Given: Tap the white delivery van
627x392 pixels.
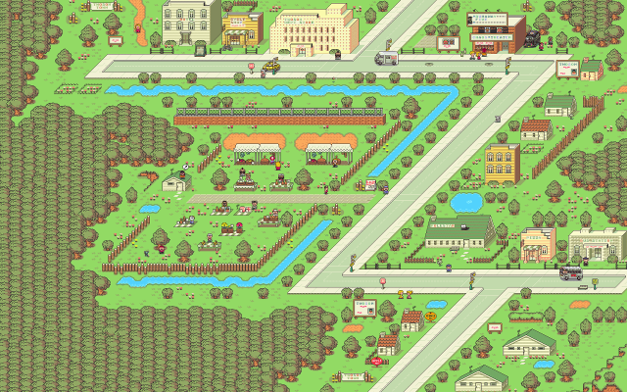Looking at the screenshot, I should tap(387, 59).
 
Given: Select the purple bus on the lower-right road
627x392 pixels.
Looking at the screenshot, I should tap(571, 273).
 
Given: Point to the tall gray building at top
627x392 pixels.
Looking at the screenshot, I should tap(191, 22).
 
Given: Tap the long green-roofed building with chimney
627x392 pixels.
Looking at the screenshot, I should tap(458, 232).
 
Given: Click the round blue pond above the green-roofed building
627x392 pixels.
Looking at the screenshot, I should tap(466, 203).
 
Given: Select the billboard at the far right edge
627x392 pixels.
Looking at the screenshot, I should tap(567, 69).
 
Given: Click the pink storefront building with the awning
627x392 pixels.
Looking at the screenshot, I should tap(538, 243).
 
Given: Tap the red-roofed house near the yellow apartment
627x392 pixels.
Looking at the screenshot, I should tap(535, 128).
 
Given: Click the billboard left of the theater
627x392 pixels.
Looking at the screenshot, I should tap(447, 43).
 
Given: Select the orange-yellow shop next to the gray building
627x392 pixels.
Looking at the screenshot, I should tap(241, 27).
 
